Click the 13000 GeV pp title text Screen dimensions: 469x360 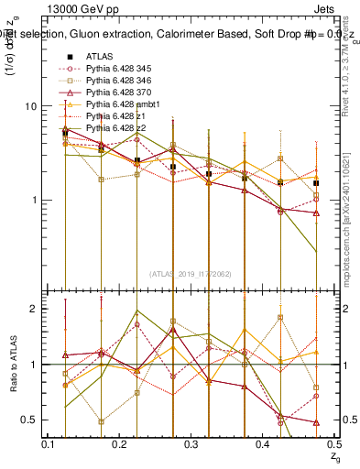(78, 6)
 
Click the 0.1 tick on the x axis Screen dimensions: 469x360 (49, 444)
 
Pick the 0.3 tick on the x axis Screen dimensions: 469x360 (191, 444)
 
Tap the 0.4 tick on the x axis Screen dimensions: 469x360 (262, 444)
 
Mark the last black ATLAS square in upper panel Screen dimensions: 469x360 (316, 183)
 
